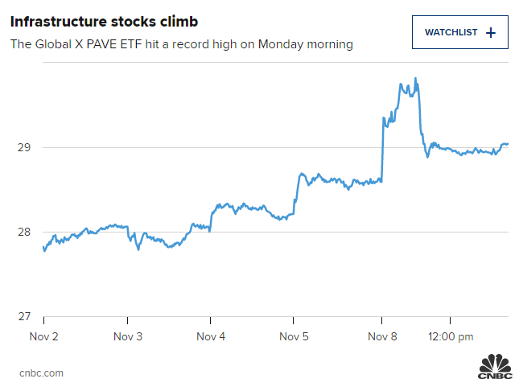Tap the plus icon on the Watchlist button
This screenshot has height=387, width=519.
491,33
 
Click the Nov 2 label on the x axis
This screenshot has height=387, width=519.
43,336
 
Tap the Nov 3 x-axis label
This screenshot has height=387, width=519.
128,336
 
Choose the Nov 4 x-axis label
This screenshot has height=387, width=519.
211,336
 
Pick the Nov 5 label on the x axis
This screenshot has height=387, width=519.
294,336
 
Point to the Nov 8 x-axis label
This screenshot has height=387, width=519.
382,336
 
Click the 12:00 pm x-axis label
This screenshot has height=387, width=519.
451,336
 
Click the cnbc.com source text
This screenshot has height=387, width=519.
41,373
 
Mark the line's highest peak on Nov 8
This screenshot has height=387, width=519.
415,78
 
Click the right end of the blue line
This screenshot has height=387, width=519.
509,143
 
